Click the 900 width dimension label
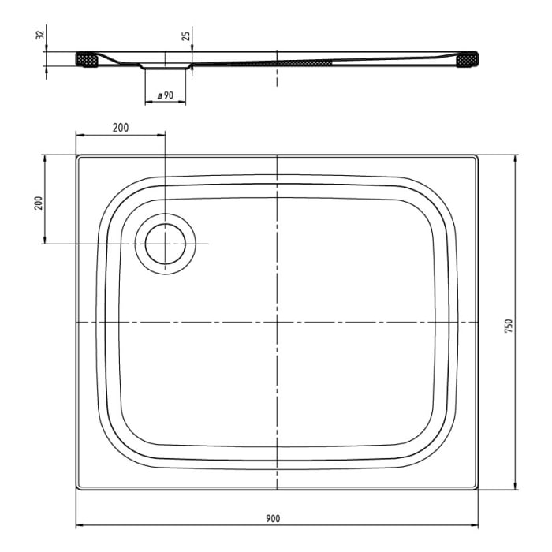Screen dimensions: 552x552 (x=273, y=518)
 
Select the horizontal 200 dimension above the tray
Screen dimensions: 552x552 (x=120, y=127)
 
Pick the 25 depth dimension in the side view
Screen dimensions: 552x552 (x=185, y=36)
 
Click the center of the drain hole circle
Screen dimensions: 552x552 (x=165, y=244)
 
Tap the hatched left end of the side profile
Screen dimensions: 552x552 (x=86, y=60)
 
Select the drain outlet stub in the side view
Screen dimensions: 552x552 (x=166, y=67)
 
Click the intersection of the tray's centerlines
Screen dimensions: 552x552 (x=277, y=323)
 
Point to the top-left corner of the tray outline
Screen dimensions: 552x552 (x=78, y=156)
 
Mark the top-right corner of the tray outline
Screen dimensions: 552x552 (x=479, y=156)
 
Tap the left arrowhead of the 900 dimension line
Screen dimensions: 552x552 (x=79, y=525)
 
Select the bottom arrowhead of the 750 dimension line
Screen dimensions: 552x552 (x=516, y=488)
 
